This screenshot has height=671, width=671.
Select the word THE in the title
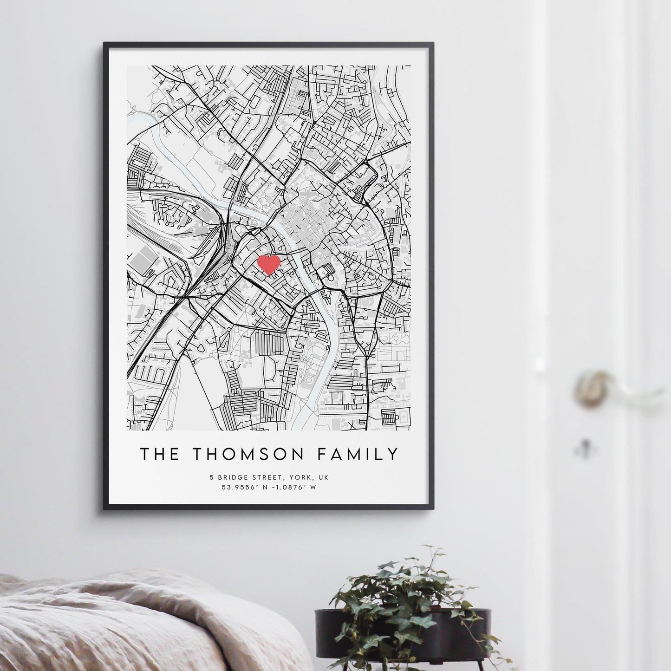click(x=160, y=454)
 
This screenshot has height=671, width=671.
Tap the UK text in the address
click(x=321, y=477)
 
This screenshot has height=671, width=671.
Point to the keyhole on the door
click(x=582, y=447)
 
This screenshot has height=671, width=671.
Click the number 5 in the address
click(x=211, y=477)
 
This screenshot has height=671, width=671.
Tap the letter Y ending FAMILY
click(x=393, y=454)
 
